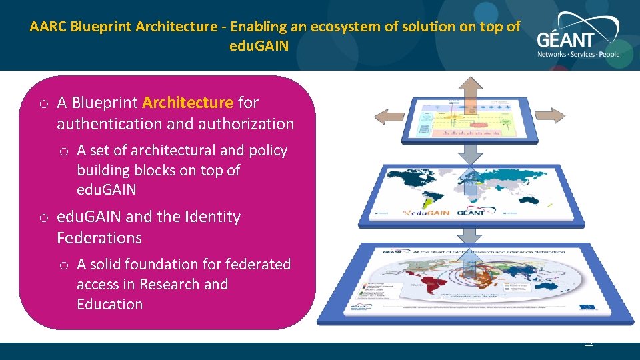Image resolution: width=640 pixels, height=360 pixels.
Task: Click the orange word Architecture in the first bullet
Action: click(x=187, y=103)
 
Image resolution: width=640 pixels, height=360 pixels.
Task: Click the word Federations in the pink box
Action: click(x=99, y=238)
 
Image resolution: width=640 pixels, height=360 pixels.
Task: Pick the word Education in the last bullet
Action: click(x=109, y=305)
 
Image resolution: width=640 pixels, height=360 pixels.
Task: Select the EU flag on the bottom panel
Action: click(x=589, y=307)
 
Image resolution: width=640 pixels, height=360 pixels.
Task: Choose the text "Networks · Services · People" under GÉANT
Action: click(x=578, y=54)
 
